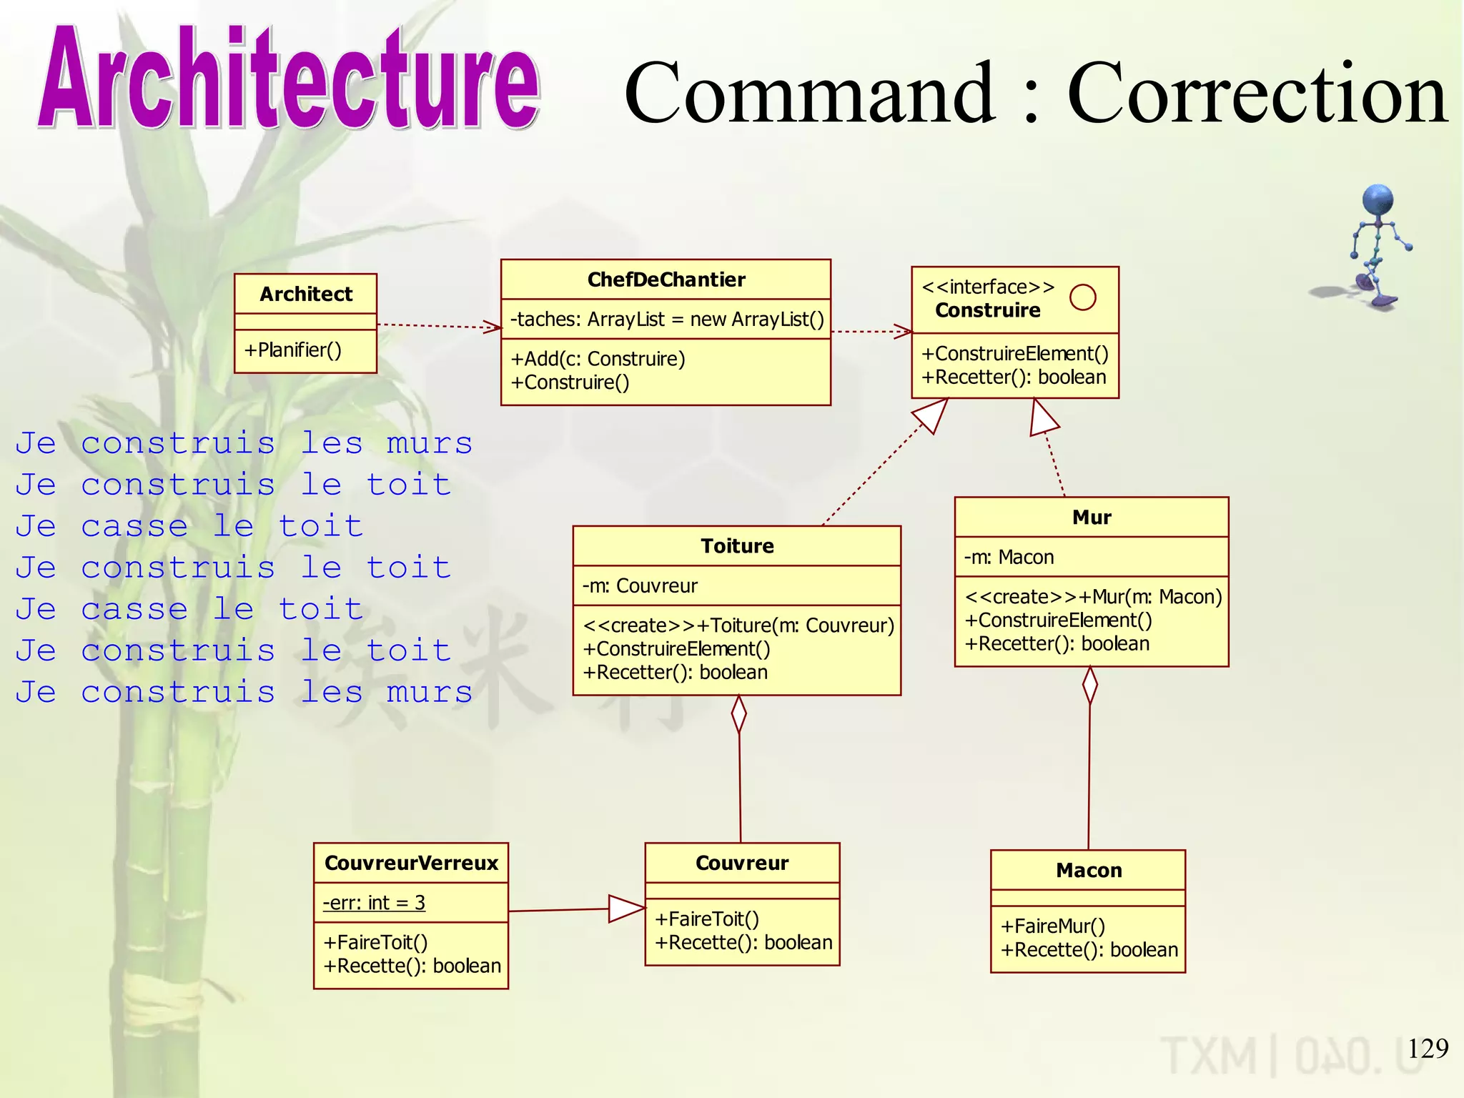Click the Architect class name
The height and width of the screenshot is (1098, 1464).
pos(306,294)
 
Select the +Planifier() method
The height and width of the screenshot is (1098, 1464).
pos(293,350)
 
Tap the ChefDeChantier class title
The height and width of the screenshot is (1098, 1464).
pos(666,280)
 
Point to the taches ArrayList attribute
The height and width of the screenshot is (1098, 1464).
pos(667,320)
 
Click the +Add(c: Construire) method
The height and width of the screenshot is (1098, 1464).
pos(598,359)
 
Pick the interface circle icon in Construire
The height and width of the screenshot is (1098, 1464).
pos(1082,297)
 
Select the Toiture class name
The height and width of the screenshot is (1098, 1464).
pos(737,546)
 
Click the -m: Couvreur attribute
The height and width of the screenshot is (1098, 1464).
pos(640,586)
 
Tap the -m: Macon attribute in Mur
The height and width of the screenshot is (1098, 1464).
pos(1009,558)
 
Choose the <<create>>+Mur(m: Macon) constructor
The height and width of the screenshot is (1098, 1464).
pos(1093,597)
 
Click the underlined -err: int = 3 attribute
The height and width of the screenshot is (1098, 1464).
pos(374,903)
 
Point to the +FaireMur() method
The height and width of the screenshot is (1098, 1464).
pos(1052,926)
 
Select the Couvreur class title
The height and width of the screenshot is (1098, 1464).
pos(742,864)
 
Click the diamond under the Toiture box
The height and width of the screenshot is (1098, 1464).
pos(739,714)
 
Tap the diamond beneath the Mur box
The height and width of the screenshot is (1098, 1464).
pos(1090,686)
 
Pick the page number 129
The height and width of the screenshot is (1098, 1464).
pos(1428,1049)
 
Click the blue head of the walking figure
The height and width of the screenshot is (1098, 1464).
pos(1378,200)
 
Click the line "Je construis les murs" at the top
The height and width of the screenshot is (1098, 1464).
pos(244,443)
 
